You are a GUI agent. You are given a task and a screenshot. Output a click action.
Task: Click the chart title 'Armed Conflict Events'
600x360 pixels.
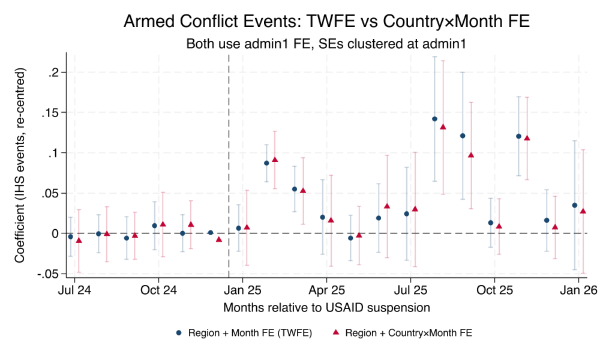point(326,22)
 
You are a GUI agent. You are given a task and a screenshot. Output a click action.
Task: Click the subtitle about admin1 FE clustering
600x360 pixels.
point(326,44)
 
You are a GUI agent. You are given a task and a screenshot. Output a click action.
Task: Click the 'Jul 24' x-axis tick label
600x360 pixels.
point(74,290)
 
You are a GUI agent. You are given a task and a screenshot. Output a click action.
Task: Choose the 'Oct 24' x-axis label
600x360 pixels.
point(158,290)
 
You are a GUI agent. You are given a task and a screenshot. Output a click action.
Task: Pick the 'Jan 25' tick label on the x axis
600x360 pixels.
point(242,290)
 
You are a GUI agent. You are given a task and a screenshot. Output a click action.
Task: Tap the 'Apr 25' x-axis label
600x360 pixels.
point(326,290)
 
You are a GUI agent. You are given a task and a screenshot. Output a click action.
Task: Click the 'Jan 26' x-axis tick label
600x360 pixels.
point(578,290)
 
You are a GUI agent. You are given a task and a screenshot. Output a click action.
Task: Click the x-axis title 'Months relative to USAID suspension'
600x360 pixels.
point(326,308)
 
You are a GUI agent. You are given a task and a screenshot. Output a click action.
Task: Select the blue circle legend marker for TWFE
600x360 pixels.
point(178,333)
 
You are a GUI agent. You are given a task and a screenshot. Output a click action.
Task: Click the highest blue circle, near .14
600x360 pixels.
point(434,119)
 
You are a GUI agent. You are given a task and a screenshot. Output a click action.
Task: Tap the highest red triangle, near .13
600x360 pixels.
point(443,127)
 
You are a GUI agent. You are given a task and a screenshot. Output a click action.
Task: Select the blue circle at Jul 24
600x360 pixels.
point(71,237)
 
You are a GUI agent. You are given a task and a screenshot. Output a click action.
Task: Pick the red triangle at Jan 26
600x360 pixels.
point(583,211)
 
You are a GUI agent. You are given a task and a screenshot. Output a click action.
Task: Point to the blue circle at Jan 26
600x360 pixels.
point(574,205)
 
